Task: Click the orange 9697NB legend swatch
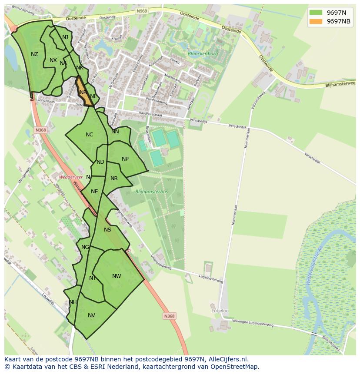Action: point(316,21)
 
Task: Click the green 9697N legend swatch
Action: point(316,12)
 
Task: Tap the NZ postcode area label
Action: point(34,54)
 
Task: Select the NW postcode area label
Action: point(117,276)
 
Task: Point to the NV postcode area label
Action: point(91,315)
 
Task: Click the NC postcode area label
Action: point(89,135)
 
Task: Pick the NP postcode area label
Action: point(125,159)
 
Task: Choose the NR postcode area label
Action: point(114,179)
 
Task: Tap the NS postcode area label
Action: point(107,230)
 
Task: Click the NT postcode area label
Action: point(93,278)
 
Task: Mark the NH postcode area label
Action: point(73,302)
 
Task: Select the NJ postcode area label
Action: point(65,37)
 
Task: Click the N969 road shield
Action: point(141,11)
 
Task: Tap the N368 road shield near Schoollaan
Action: point(40,130)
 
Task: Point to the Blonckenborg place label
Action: point(203,54)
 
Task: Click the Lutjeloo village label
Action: point(220,311)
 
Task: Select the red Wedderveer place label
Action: point(71,177)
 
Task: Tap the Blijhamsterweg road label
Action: point(340,84)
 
